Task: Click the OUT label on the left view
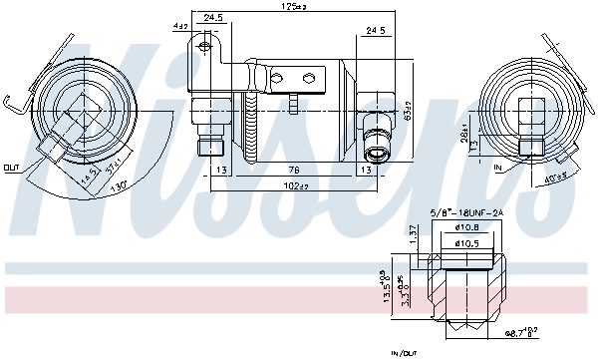11,167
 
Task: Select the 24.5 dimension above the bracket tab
212,18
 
